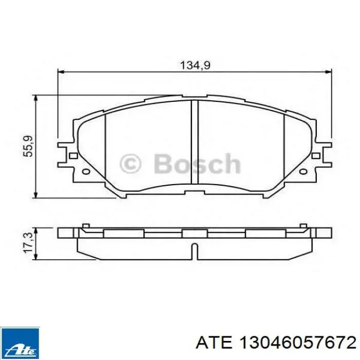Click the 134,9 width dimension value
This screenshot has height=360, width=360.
[195, 65]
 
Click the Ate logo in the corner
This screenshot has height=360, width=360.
[20, 344]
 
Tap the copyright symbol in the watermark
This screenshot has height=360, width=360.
[130, 164]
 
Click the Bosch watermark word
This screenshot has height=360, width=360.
[197, 164]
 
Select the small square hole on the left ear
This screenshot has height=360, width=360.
[73, 156]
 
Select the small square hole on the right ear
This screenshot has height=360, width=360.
[316, 156]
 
